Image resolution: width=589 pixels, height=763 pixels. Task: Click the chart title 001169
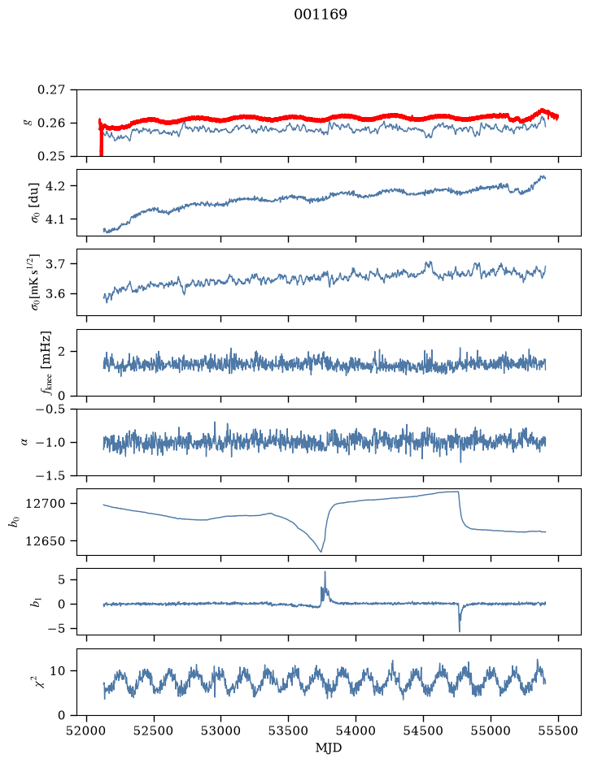point(321,15)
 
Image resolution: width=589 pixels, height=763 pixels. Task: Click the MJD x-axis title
point(329,748)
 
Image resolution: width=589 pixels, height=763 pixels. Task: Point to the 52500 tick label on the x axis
point(154,730)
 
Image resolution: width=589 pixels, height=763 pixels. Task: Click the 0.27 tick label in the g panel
point(51,90)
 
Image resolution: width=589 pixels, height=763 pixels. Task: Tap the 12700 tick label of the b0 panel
point(45,504)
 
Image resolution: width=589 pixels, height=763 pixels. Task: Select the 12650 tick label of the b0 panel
point(45,540)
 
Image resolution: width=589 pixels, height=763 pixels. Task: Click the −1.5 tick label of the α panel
point(50,475)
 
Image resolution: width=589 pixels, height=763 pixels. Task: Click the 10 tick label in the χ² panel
point(58,671)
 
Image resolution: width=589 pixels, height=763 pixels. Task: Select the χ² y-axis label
point(42,682)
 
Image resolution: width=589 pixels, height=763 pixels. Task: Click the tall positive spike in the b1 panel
point(325,579)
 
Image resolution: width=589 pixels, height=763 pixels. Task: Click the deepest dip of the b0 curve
point(321,551)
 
